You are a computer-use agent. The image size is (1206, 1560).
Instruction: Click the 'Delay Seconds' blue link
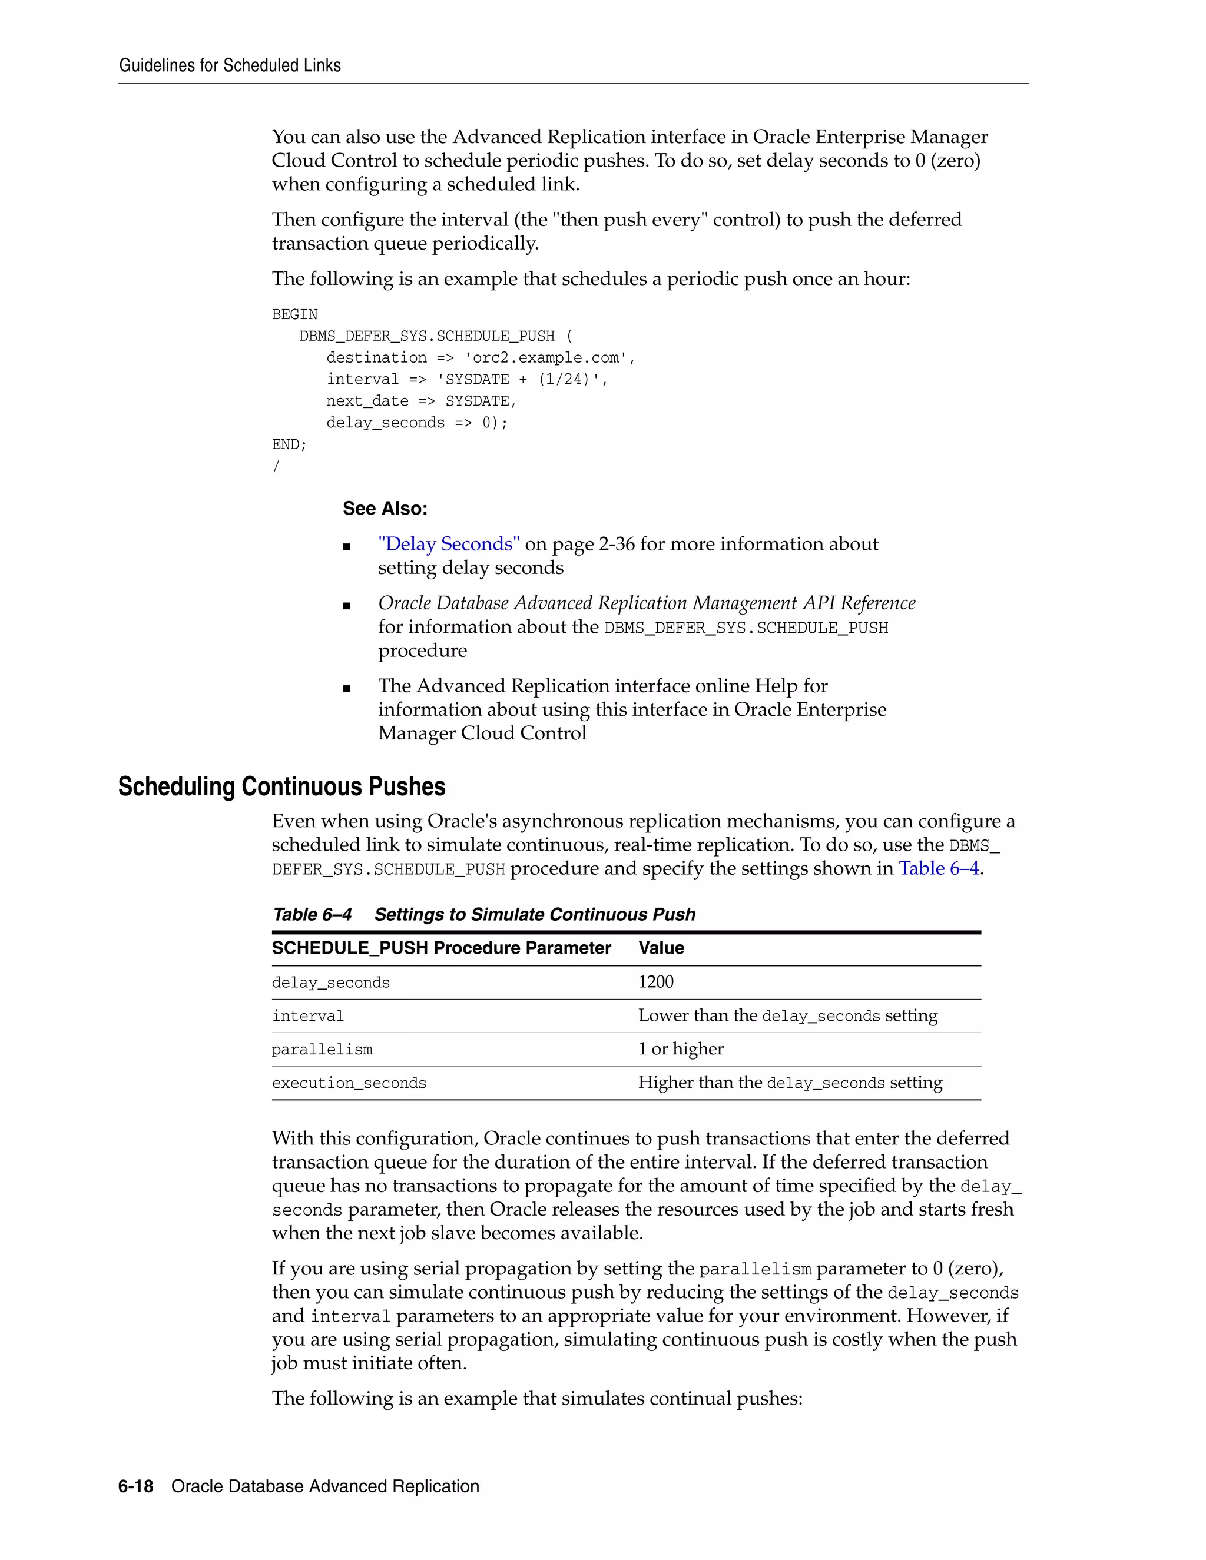click(x=449, y=545)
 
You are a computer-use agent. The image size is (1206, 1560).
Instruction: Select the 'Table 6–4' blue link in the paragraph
click(x=938, y=868)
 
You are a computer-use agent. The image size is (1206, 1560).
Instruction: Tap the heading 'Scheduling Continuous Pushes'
click(x=281, y=786)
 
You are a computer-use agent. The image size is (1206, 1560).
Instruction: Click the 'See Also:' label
click(x=385, y=509)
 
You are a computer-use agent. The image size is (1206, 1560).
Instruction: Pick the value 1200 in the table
click(x=655, y=982)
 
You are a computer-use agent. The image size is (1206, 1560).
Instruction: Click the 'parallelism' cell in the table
click(x=322, y=1049)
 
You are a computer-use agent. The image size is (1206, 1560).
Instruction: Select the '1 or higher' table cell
click(x=680, y=1049)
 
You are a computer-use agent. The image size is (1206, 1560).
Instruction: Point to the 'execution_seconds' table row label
click(x=349, y=1083)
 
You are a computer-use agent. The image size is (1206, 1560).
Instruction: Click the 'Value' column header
click(x=661, y=948)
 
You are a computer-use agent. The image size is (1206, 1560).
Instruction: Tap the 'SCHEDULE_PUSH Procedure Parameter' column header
click(x=441, y=948)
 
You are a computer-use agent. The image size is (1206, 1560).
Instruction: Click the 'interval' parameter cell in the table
click(x=307, y=1015)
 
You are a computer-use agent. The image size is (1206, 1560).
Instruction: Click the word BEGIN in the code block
click(x=294, y=314)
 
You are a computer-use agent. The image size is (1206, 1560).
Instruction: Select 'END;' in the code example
click(x=289, y=444)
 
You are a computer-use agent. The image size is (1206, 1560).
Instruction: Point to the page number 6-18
click(x=136, y=1486)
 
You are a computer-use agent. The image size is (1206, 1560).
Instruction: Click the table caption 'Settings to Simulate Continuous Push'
click(x=535, y=915)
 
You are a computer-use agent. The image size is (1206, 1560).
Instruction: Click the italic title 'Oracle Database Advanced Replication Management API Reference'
click(x=646, y=603)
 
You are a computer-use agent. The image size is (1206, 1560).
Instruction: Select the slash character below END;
click(x=277, y=466)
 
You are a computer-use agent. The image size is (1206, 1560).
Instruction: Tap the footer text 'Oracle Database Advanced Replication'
click(x=325, y=1486)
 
